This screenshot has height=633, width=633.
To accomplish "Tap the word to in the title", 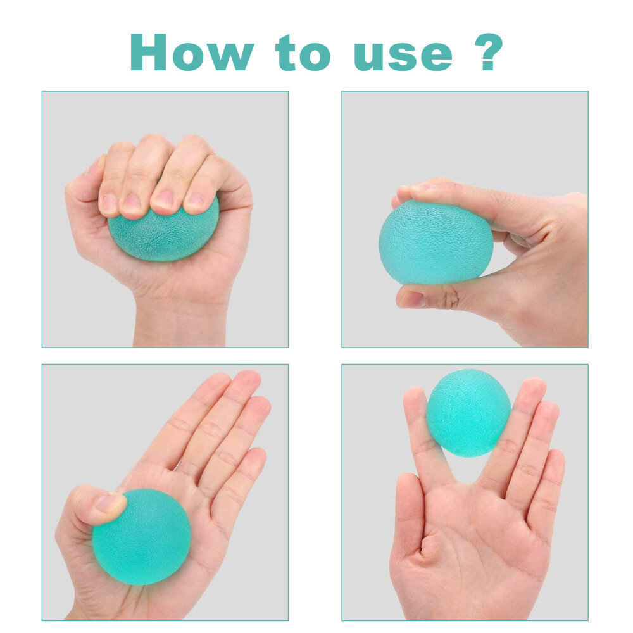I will click(x=303, y=53).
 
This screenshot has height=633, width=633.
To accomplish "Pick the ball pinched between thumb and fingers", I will click(x=436, y=242).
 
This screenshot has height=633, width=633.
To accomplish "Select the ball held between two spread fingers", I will click(x=468, y=412).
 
